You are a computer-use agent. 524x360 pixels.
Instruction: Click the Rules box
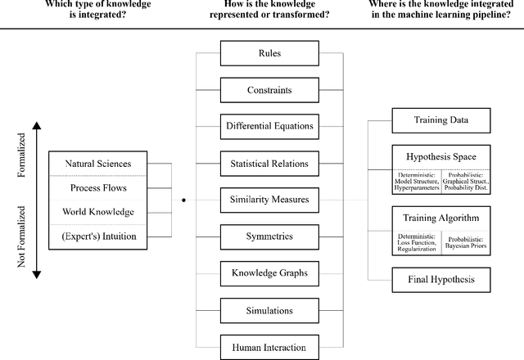click(269, 54)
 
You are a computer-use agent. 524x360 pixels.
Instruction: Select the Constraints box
click(269, 90)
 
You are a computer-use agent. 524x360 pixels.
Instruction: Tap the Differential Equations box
click(269, 126)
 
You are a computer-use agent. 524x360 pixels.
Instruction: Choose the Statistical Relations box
click(269, 163)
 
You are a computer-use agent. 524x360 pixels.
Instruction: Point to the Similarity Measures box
click(269, 199)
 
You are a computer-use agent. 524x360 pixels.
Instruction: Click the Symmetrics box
click(269, 236)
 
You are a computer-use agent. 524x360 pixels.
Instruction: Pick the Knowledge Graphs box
click(269, 272)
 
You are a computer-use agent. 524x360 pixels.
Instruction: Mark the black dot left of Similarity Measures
click(183, 200)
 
